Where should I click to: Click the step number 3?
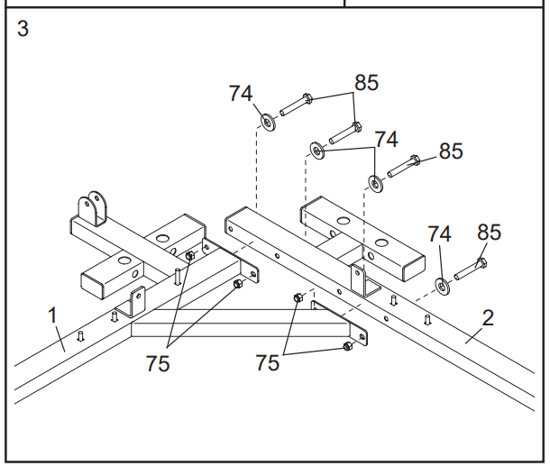[x=23, y=29]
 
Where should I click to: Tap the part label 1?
[x=52, y=315]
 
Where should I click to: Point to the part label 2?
[x=488, y=318]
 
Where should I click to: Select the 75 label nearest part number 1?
[x=158, y=363]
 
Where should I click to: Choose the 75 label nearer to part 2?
[x=268, y=362]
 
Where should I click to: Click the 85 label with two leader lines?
[x=367, y=83]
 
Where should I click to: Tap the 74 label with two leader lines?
[x=387, y=140]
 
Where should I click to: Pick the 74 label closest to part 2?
[x=439, y=233]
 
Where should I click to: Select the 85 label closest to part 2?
[x=490, y=233]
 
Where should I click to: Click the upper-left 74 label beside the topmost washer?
[x=241, y=94]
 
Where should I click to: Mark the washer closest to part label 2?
[x=442, y=286]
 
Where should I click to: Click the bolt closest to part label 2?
[x=471, y=269]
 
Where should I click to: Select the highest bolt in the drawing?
[x=296, y=104]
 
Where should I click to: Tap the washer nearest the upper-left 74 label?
[x=268, y=123]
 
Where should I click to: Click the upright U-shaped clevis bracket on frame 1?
[x=92, y=208]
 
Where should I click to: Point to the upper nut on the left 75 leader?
[x=189, y=256]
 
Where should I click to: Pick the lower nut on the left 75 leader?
[x=238, y=284]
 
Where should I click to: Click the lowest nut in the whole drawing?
[x=347, y=346]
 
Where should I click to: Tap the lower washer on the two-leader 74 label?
[x=375, y=183]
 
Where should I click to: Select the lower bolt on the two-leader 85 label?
[x=345, y=133]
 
